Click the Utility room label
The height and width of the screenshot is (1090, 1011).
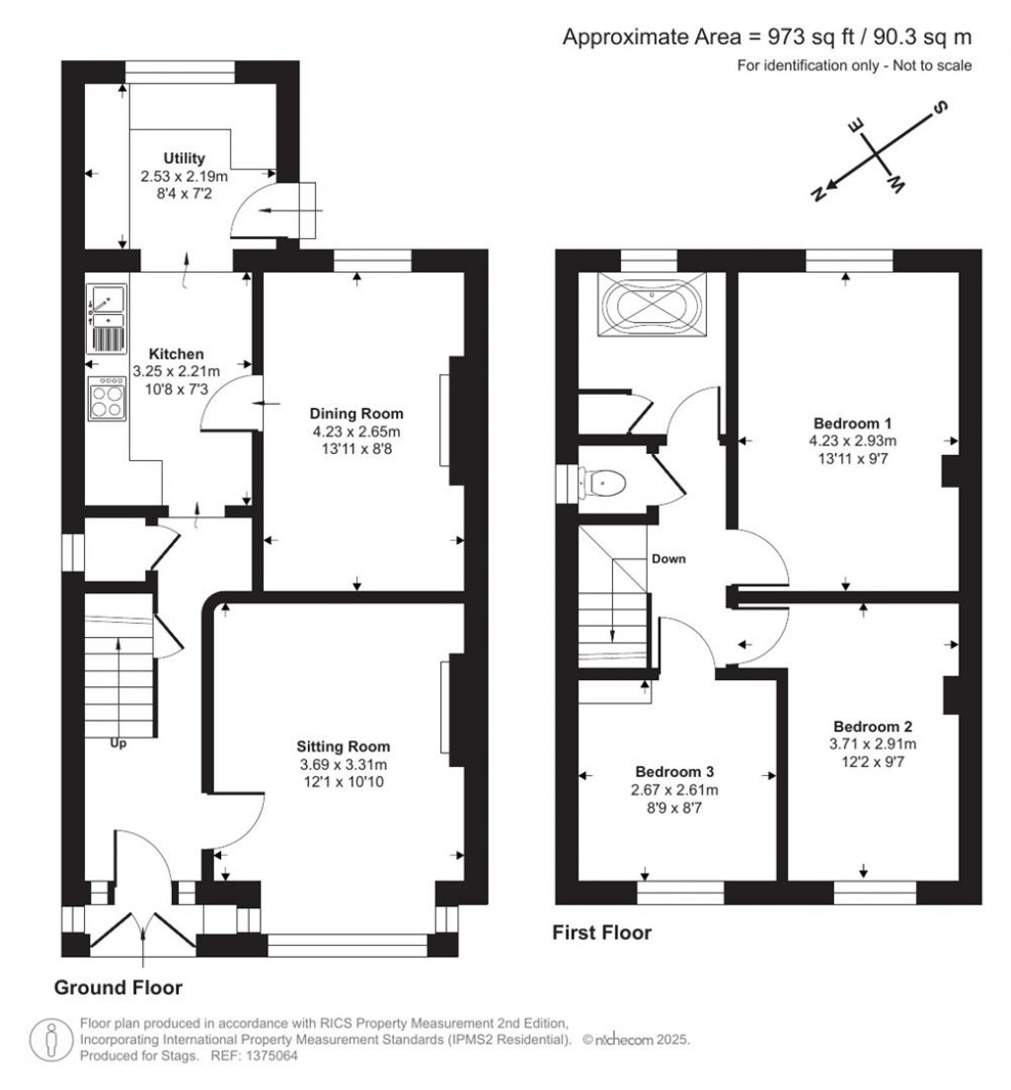[x=184, y=158]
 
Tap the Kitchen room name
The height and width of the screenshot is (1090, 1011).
[x=176, y=353]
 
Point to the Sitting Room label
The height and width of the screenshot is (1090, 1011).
[x=345, y=746]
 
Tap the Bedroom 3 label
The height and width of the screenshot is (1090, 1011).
[x=674, y=771]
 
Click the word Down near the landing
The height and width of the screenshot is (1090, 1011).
[x=667, y=558]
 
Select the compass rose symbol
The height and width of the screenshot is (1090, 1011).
[x=874, y=153]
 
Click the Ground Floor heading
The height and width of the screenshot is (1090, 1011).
[x=117, y=987]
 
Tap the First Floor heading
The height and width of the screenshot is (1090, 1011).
[x=601, y=932]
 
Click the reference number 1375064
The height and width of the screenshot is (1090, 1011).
[x=272, y=1055]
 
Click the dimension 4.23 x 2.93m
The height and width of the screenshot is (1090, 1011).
[x=848, y=440]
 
